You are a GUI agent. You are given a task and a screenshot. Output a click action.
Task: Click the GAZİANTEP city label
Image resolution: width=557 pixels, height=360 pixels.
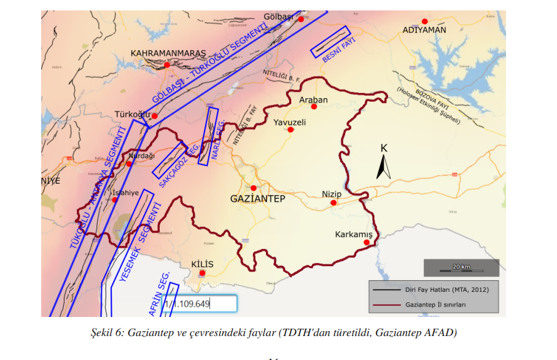pos(257,199)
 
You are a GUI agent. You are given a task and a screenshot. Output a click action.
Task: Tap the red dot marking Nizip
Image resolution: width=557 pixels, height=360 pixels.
pos(333,203)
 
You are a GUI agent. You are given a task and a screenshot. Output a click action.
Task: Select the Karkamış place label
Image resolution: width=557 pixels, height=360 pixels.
pos(354,235)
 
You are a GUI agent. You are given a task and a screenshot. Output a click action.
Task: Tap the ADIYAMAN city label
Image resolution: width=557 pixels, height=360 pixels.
pos(424,29)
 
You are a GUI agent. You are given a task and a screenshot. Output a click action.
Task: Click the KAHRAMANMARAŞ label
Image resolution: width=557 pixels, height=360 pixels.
pos(168,53)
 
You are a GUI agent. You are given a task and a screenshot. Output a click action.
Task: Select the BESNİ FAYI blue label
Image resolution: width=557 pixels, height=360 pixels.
pos(338,49)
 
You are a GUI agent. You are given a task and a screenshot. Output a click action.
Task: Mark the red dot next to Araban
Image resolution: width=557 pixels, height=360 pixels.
pos(314,107)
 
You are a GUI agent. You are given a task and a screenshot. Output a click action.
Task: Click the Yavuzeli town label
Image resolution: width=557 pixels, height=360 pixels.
pos(290,122)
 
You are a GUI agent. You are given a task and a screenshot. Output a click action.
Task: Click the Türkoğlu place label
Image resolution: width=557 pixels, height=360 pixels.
pos(132,114)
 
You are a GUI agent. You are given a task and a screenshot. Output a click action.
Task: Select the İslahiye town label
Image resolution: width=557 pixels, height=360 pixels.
pos(125,192)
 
